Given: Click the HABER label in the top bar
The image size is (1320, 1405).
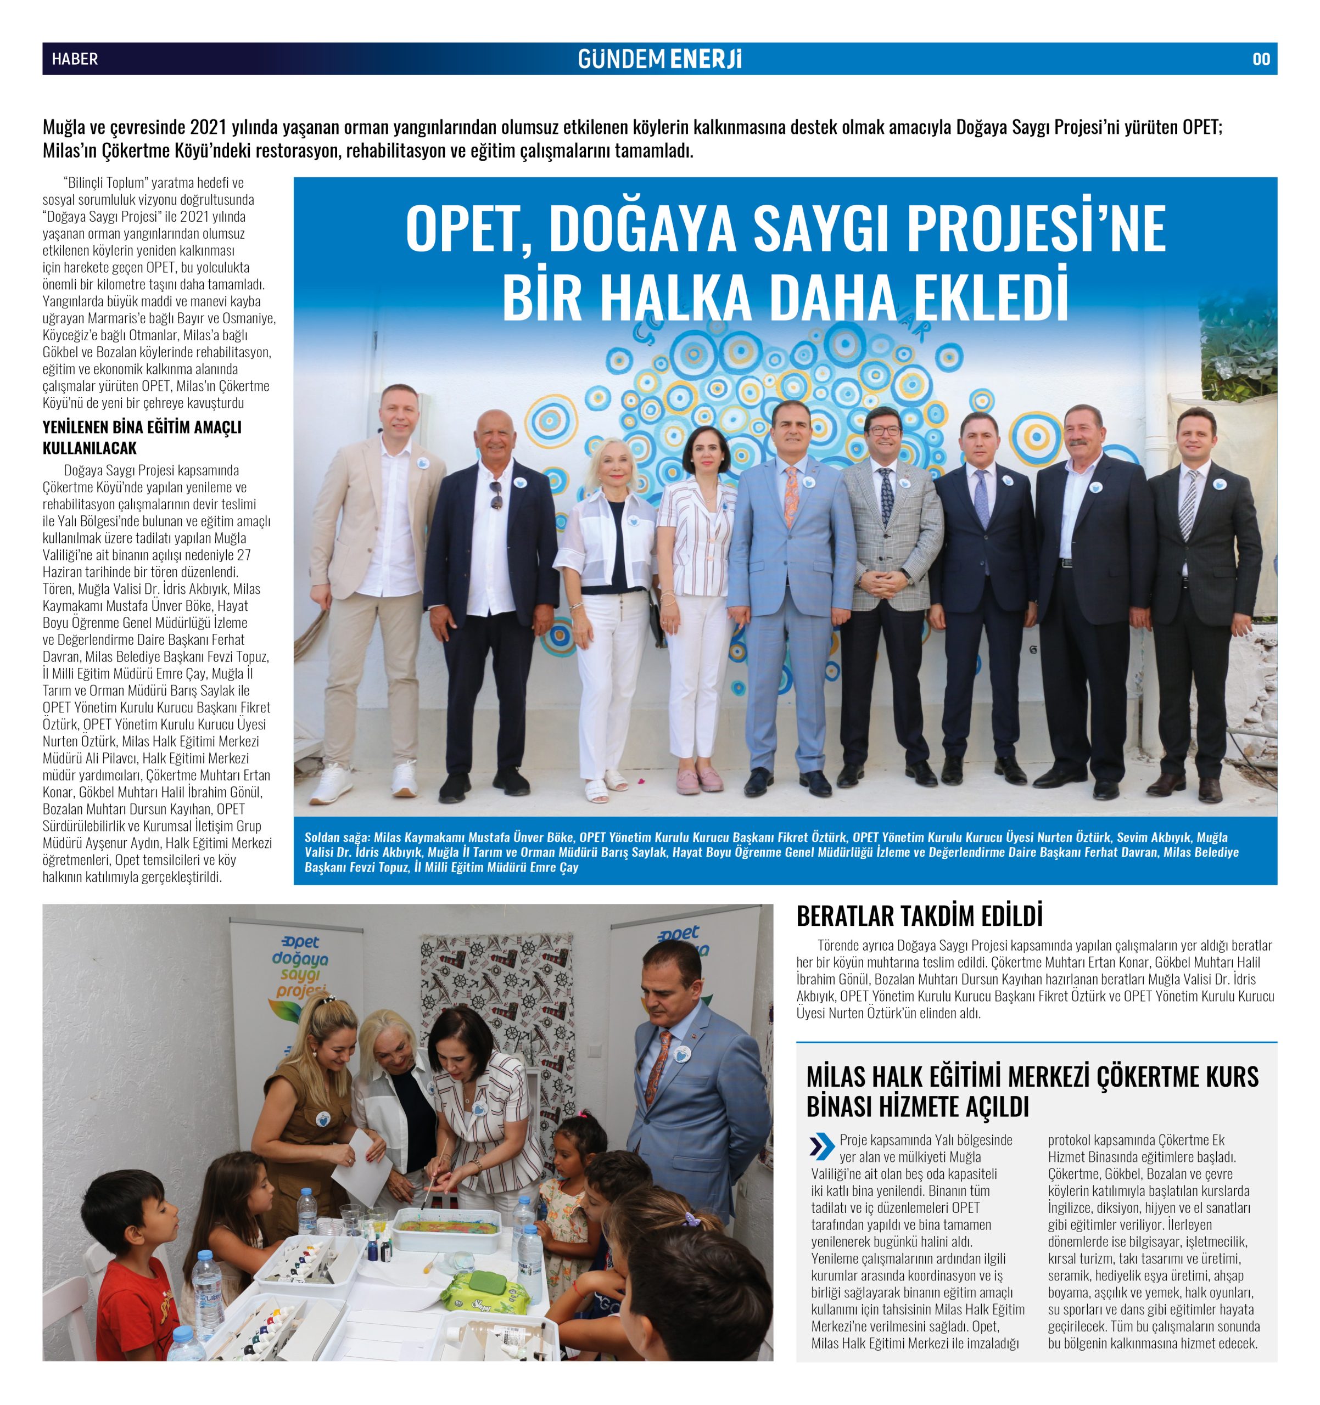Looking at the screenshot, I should click(74, 59).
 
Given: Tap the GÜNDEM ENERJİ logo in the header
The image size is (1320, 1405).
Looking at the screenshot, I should click(659, 59).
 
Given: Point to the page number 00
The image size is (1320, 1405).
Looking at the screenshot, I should click(1261, 59).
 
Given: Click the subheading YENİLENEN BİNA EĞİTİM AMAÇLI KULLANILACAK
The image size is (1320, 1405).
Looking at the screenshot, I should click(142, 437).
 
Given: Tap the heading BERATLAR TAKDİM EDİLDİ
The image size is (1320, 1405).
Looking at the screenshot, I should click(919, 916).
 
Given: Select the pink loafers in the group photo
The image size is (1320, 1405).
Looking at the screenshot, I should click(698, 781).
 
